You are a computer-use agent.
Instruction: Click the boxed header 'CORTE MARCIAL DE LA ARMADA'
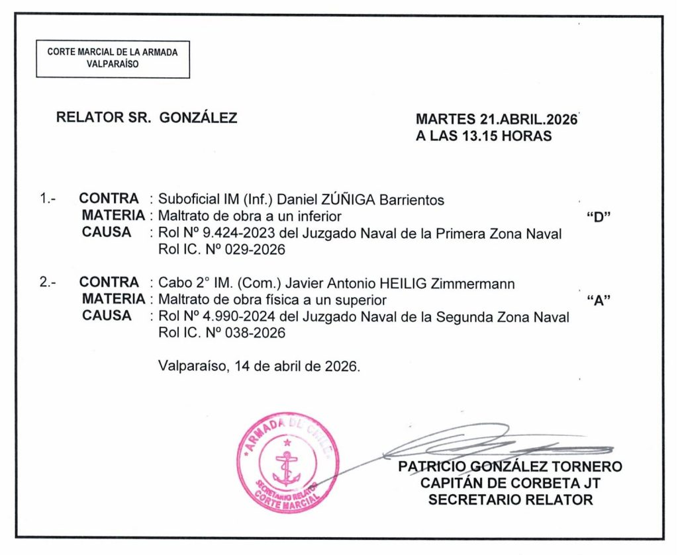[x=113, y=52]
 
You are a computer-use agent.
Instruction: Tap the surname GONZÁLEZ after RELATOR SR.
[x=199, y=118]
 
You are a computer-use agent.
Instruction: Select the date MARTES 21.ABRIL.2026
[x=497, y=120]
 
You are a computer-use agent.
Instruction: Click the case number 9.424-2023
[x=219, y=234]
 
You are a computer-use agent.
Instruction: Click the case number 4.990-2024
[x=219, y=318]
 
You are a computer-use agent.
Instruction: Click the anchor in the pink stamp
[x=287, y=466]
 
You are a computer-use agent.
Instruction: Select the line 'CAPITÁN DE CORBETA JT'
[x=510, y=483]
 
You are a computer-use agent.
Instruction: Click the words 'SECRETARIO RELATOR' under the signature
[x=510, y=500]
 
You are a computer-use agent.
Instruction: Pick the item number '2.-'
[x=48, y=283]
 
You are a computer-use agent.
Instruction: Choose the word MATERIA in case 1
[x=113, y=216]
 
